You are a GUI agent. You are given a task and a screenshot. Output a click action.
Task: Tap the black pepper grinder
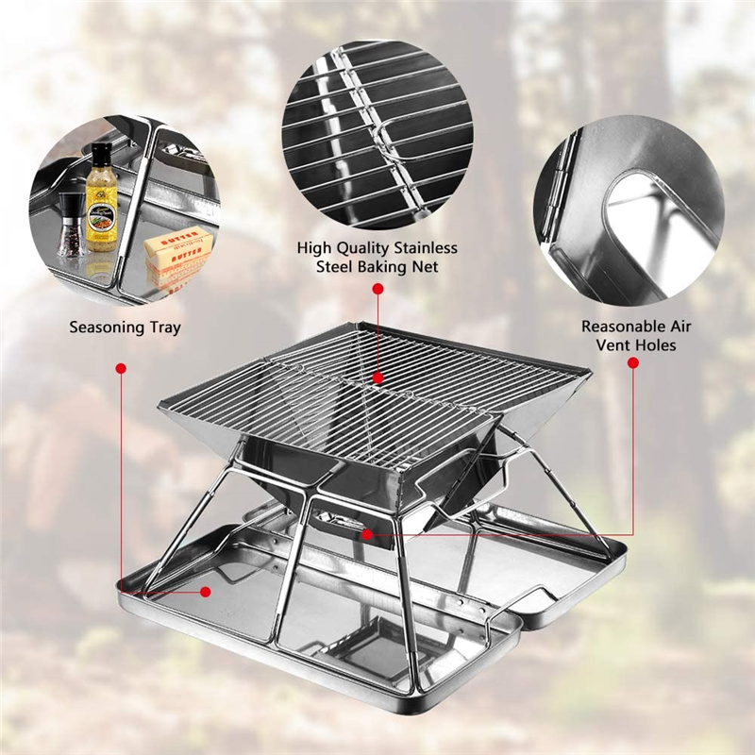coord(70,225)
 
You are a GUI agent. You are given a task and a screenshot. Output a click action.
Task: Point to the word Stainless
coord(426,248)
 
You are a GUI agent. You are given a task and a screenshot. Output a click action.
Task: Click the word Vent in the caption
coord(612,345)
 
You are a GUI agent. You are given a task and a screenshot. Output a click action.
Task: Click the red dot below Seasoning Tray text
coord(121,368)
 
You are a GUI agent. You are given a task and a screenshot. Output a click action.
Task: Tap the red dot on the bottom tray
coord(206,592)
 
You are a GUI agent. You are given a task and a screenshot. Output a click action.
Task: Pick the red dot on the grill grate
coord(378,378)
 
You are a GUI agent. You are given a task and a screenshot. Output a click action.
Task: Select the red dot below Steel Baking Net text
coord(378,289)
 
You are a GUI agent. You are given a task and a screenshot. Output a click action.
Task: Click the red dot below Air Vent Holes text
coord(633,363)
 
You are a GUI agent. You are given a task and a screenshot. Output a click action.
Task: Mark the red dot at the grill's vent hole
coord(367,534)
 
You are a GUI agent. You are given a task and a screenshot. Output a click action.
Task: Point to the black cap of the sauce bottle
coord(102,149)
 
